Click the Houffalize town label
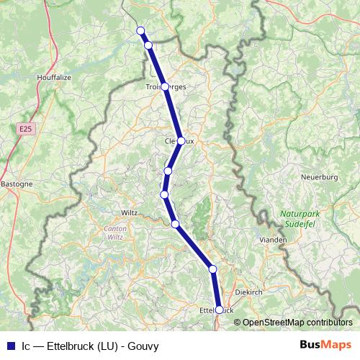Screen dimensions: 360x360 pos(53,75)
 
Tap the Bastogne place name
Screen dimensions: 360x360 pos(17,184)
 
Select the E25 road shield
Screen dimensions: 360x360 pos(26,128)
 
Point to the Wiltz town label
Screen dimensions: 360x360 pos(129,212)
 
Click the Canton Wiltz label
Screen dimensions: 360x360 pos(115,233)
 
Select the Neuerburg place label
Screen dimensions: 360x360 pos(318,176)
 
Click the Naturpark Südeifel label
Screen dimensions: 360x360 pos(300,218)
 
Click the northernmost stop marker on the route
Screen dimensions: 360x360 pos(141,30)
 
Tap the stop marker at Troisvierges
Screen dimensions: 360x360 pos(165,86)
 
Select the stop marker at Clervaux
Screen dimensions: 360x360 pos(181,141)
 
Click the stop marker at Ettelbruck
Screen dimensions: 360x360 pos(220,310)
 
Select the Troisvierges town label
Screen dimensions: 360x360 pos(166,86)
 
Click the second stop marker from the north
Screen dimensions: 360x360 pos(148,45)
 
